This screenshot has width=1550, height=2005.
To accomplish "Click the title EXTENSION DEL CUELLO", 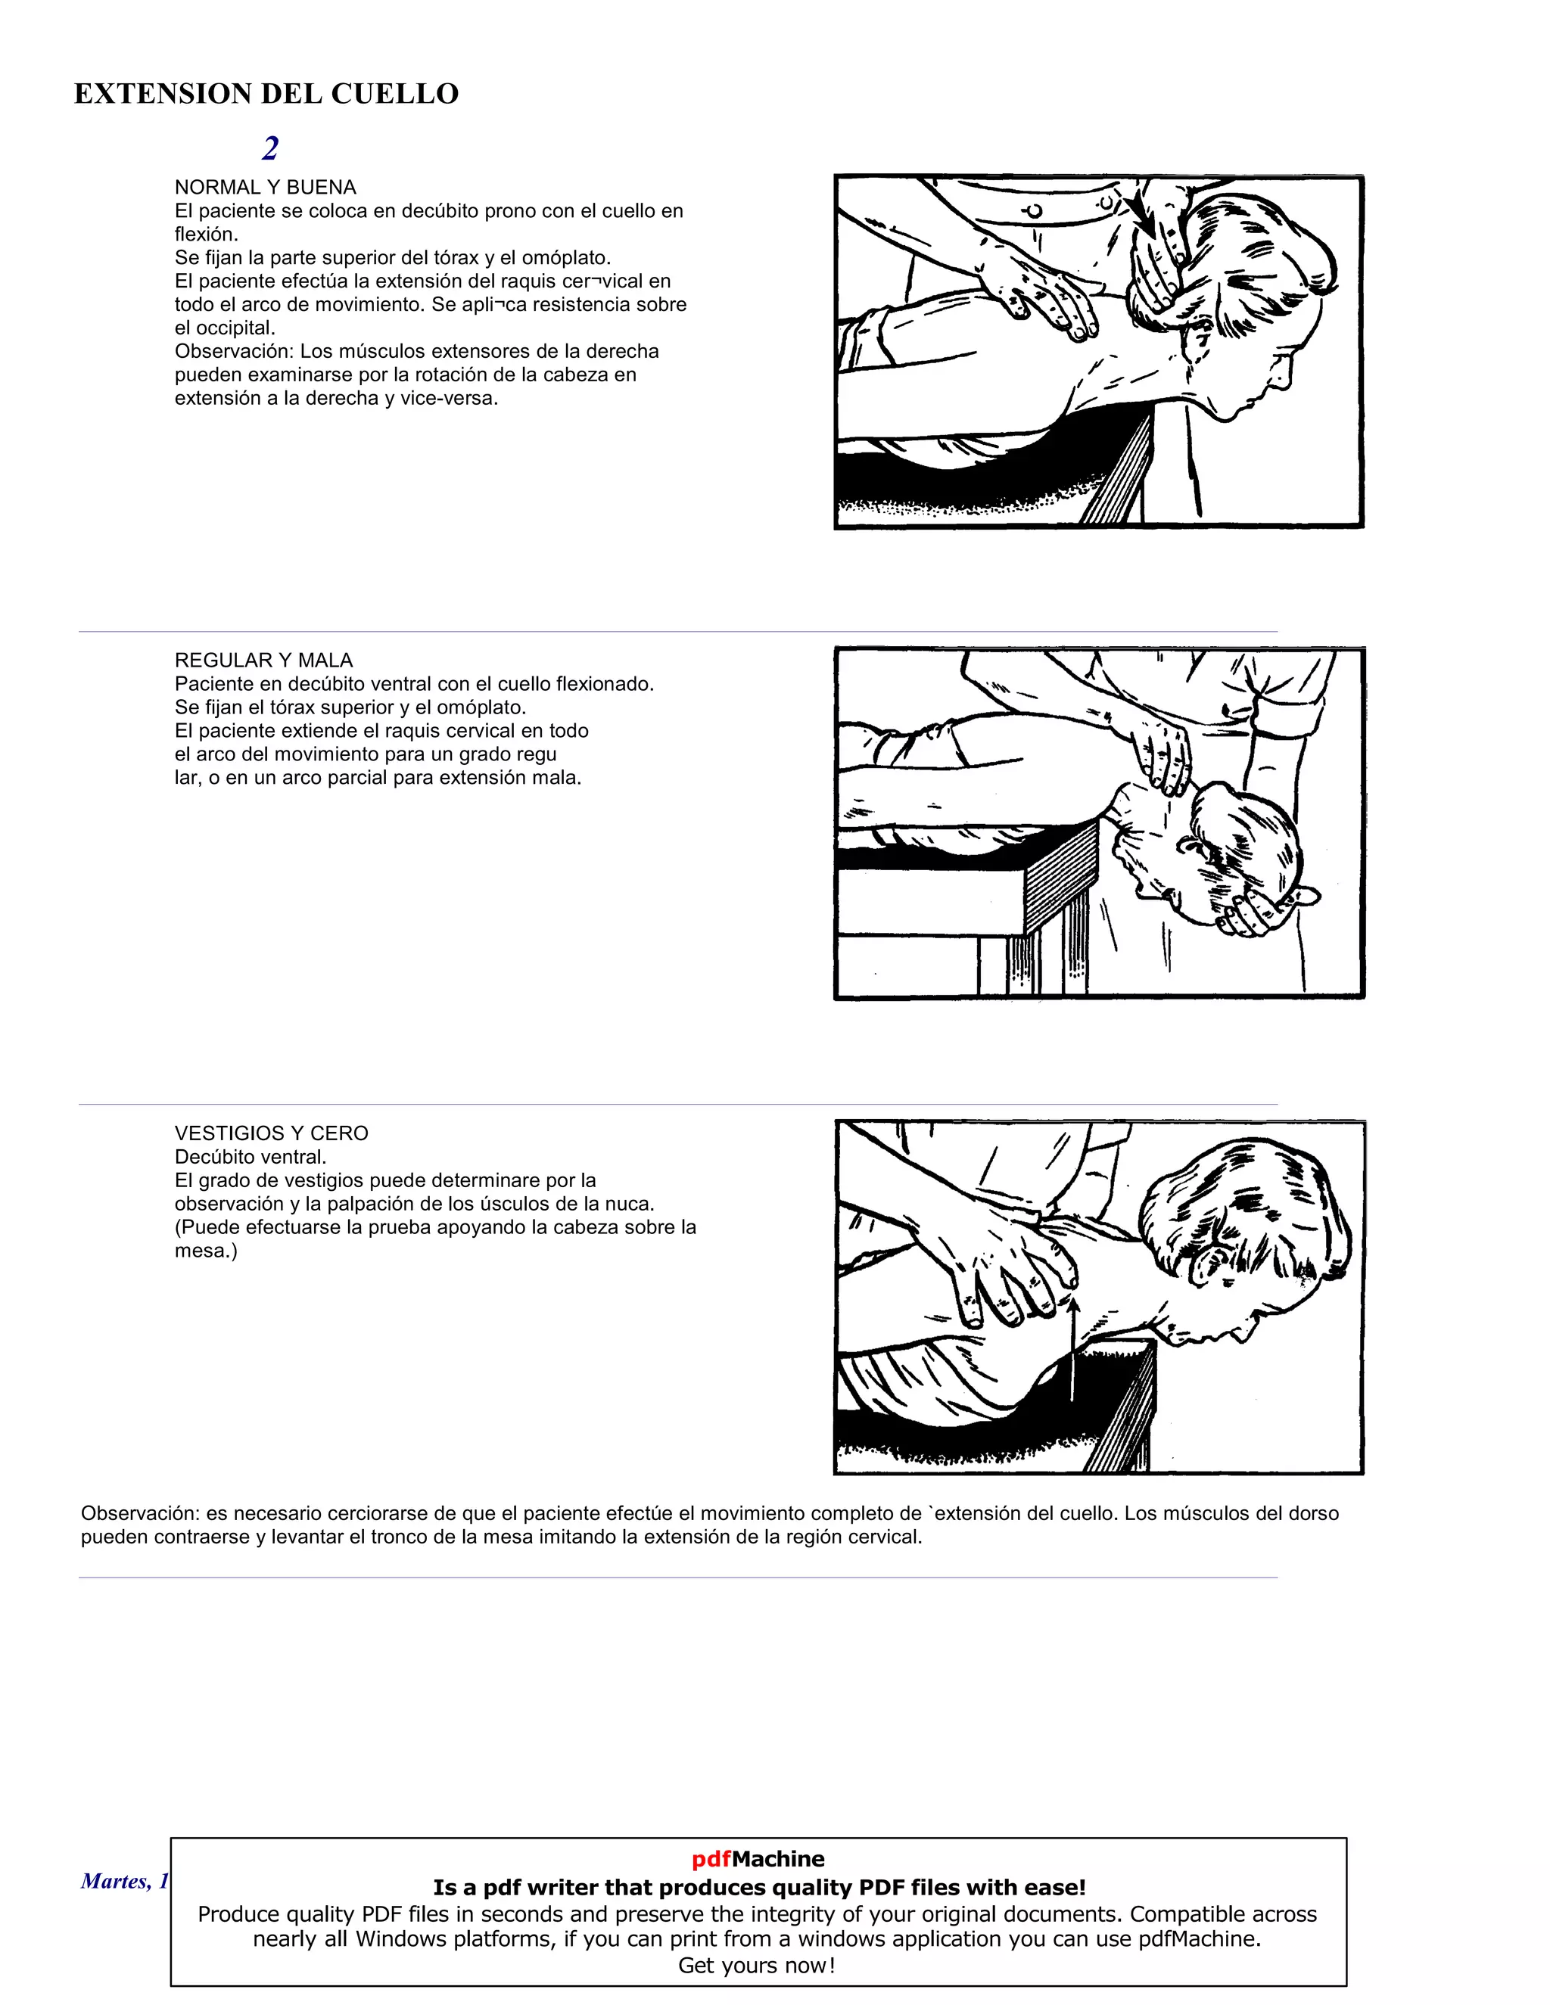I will tap(266, 94).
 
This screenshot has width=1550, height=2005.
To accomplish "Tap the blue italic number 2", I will tap(270, 148).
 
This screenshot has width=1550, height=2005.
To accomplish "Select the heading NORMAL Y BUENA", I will tap(266, 188).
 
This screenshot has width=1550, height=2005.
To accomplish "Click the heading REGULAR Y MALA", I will tap(263, 660).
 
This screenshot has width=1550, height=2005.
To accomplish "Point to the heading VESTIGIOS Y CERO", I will tap(271, 1133).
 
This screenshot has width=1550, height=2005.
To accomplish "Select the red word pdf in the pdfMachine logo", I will tap(711, 1859).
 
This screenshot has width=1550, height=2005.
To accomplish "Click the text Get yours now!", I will tap(757, 1966).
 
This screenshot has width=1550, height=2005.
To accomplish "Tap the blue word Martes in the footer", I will tap(113, 1881).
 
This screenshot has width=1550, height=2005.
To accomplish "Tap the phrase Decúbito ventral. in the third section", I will tap(251, 1157).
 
